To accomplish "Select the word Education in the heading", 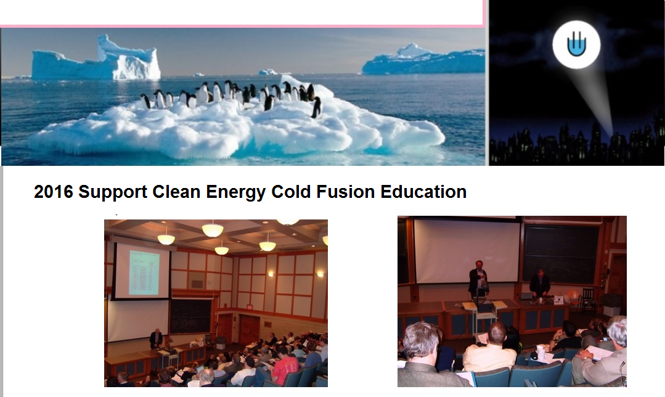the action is click(x=423, y=192).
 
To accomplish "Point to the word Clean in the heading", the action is click(x=176, y=192).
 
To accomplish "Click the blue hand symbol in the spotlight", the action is click(x=576, y=44).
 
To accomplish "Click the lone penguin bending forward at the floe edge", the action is click(x=316, y=107).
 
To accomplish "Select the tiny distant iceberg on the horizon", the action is click(x=268, y=72).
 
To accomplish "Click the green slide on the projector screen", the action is click(x=144, y=272).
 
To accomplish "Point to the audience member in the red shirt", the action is click(x=285, y=365).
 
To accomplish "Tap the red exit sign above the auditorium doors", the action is click(x=250, y=306).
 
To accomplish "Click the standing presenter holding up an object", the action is click(x=478, y=279).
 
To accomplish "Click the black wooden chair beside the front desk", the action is click(x=587, y=299).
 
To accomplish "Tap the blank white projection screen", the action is click(x=467, y=250).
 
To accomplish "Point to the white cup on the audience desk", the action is click(x=541, y=353).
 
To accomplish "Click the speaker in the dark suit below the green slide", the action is click(x=156, y=339).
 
